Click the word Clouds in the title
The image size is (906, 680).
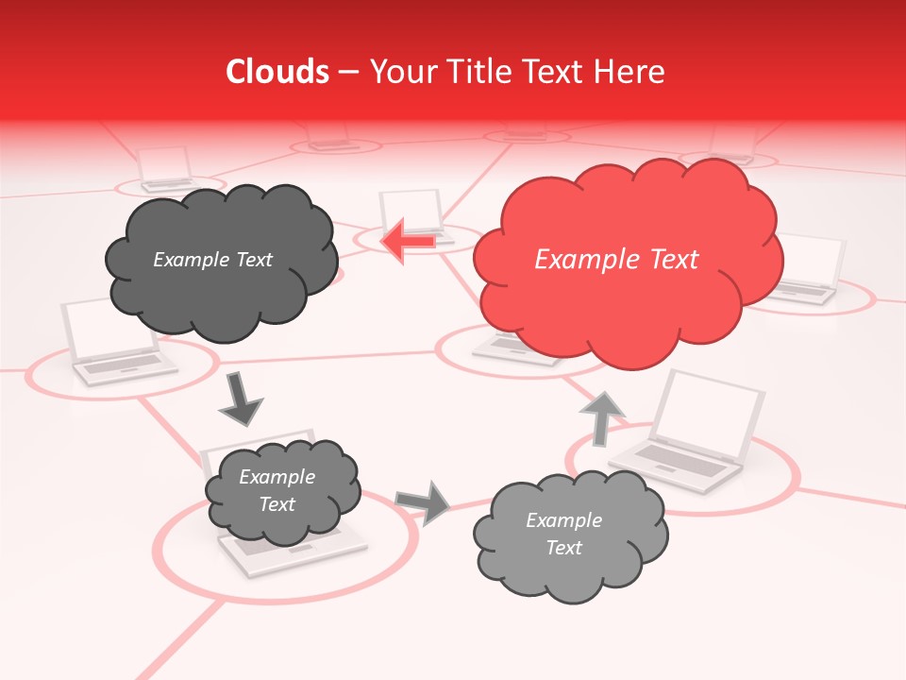coord(277,72)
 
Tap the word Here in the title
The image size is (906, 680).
coord(631,72)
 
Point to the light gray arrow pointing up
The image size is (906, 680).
coord(601,416)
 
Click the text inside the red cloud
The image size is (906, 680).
coord(616,260)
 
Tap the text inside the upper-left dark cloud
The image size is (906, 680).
coord(212,260)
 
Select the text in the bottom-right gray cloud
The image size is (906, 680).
coord(563,534)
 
